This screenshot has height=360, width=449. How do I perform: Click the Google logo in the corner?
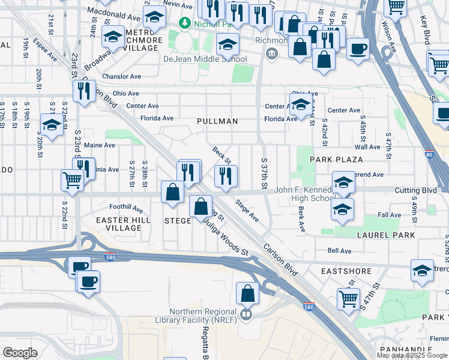point(20,353)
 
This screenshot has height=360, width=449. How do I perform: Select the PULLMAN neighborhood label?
point(217,121)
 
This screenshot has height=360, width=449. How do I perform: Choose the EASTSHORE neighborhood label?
point(346,271)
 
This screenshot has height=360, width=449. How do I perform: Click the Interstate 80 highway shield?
point(429,155)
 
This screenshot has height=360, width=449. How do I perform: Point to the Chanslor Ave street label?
point(121,77)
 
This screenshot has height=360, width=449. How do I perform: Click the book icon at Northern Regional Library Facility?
point(246,315)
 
